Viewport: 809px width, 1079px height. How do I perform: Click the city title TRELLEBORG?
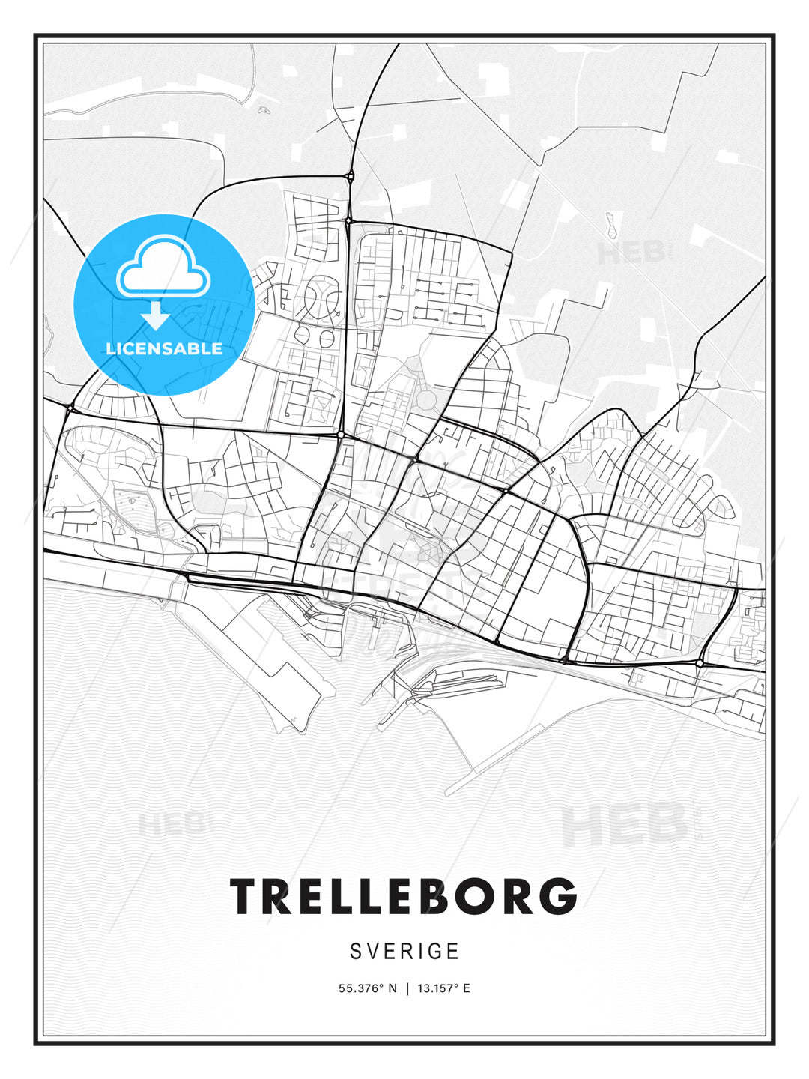(404, 896)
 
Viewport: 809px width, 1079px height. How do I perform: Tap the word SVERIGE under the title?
(404, 952)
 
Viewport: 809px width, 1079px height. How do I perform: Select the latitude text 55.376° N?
(366, 988)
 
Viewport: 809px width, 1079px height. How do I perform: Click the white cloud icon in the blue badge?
(163, 268)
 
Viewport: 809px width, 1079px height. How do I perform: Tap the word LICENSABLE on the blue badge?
(164, 348)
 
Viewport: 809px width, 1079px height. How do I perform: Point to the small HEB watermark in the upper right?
(631, 253)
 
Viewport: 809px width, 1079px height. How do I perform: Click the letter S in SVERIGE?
(356, 952)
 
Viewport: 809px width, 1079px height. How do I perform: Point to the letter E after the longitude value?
(467, 988)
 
